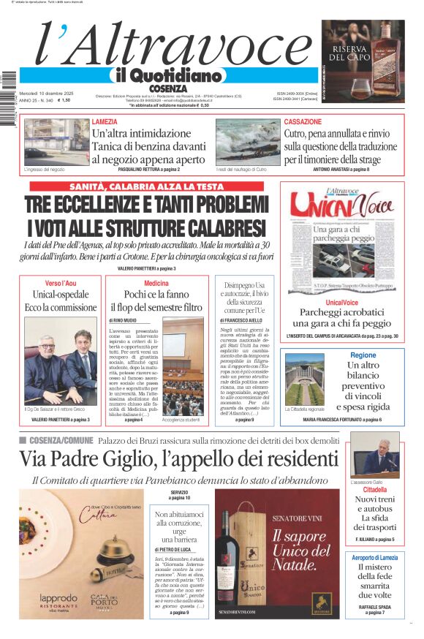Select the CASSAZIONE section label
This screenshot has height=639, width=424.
(303, 121)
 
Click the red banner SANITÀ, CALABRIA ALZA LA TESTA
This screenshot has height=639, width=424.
(146, 186)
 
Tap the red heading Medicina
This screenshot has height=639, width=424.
(156, 283)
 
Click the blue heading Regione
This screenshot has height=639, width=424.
(363, 355)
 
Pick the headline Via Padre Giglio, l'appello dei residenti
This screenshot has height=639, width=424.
(178, 458)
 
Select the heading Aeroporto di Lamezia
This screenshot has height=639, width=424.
(374, 558)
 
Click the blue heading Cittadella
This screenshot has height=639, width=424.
(374, 489)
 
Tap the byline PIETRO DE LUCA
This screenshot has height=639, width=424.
(174, 549)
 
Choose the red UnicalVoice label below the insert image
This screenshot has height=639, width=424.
(342, 302)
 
